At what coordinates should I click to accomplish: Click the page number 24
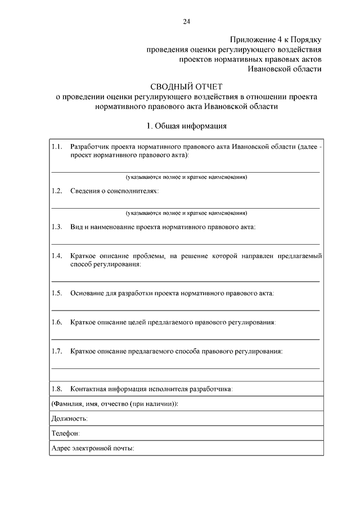click(x=186, y=21)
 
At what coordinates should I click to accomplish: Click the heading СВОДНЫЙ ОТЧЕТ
click(x=186, y=86)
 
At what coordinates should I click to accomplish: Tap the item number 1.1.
click(x=56, y=146)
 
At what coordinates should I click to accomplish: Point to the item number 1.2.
click(x=56, y=191)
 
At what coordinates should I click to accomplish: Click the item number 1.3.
click(x=56, y=227)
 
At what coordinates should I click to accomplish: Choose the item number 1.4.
click(x=56, y=256)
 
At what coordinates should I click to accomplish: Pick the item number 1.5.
click(x=56, y=293)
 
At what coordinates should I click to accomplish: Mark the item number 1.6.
click(x=56, y=322)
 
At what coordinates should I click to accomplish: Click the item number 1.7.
click(x=56, y=352)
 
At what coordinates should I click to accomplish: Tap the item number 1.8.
click(x=56, y=389)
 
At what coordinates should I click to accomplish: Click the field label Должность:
click(x=69, y=418)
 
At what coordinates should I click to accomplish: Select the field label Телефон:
click(x=65, y=433)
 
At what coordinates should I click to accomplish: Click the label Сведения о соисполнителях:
click(x=114, y=191)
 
